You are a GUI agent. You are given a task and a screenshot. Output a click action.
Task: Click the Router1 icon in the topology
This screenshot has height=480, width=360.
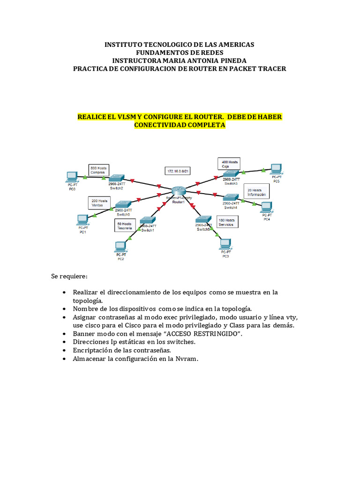(178, 190)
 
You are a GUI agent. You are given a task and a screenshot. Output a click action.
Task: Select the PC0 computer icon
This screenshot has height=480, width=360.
(72, 177)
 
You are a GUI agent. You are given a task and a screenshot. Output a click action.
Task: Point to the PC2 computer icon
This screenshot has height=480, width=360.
(120, 246)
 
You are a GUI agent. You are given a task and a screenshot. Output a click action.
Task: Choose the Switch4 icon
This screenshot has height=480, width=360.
(231, 198)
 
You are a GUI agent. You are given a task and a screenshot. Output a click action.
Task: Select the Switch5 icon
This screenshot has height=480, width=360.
(203, 219)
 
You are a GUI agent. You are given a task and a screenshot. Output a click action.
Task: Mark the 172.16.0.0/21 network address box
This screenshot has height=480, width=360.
(178, 171)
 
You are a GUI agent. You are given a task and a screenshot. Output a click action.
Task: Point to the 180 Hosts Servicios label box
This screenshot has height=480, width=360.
(228, 222)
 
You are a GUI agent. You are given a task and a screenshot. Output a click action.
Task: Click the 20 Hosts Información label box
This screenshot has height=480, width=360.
(256, 192)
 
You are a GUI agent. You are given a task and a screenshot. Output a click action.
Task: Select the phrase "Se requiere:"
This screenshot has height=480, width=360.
(69, 276)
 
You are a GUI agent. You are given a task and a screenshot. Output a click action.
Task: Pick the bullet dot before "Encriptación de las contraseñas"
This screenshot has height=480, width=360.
(64, 350)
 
